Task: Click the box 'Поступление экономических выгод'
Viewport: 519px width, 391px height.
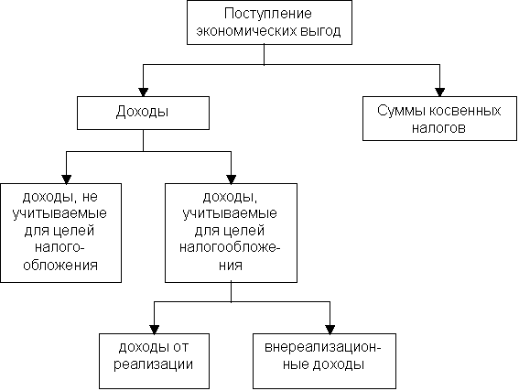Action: (x=269, y=23)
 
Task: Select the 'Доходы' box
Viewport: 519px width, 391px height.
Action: (x=143, y=113)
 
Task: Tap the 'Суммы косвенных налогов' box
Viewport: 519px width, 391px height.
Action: (x=439, y=118)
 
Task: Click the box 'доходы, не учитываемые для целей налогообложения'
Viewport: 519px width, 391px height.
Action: (x=61, y=233)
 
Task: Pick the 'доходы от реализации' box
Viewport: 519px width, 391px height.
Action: (x=155, y=361)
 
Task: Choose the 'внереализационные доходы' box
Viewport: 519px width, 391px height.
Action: (x=324, y=361)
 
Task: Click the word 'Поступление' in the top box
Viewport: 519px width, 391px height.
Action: (x=268, y=15)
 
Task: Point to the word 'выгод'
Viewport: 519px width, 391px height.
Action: (x=320, y=31)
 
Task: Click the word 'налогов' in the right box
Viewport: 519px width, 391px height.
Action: (x=438, y=128)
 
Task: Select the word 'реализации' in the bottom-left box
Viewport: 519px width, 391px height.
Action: (x=153, y=364)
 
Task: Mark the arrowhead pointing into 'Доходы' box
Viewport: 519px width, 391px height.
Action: (x=143, y=92)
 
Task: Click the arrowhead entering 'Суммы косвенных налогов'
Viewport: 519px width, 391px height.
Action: (x=439, y=92)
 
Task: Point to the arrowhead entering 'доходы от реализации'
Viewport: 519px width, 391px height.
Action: (x=155, y=330)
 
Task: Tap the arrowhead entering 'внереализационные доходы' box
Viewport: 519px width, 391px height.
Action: (x=330, y=330)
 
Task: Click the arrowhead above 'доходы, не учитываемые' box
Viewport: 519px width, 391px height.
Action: (x=66, y=179)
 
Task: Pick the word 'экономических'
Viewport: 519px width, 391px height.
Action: (x=246, y=31)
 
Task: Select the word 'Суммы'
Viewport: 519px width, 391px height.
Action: (x=401, y=111)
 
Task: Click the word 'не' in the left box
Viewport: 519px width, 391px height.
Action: (x=90, y=197)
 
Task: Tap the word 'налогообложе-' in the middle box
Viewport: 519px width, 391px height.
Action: (x=230, y=247)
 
